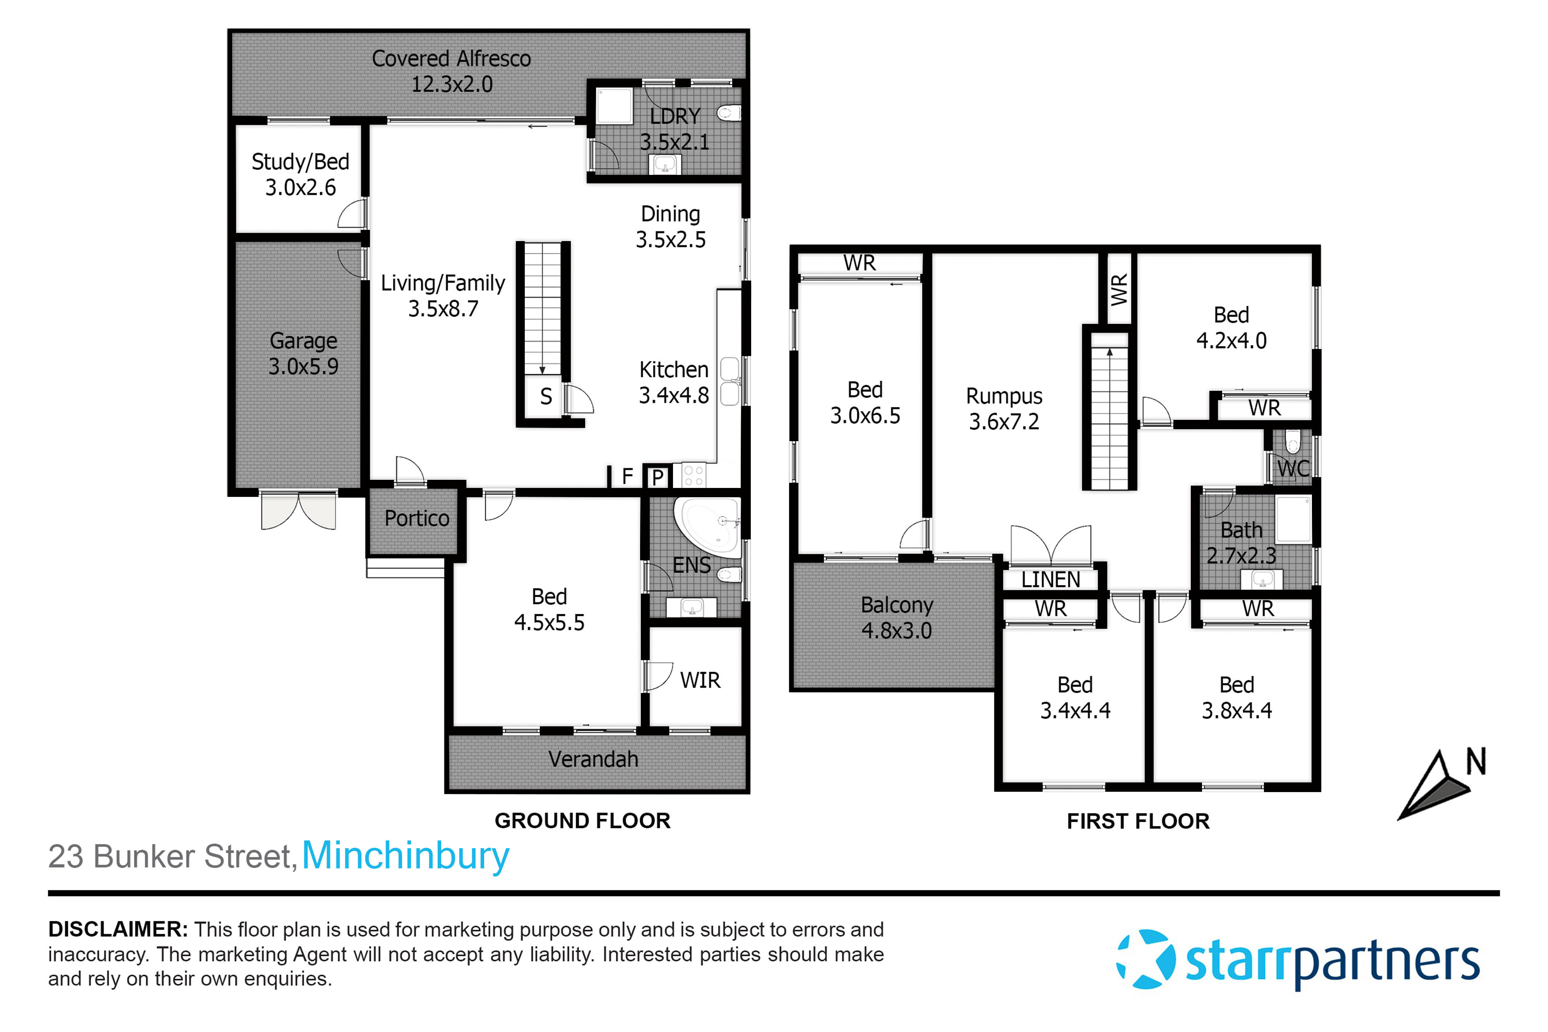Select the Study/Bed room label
tap(300, 162)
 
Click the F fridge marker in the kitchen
tap(627, 476)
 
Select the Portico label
tap(417, 519)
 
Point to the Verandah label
tap(593, 760)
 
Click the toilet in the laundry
tap(728, 114)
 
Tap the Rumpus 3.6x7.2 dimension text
tap(1004, 422)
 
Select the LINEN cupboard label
tap(1050, 580)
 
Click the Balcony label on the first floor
tap(896, 605)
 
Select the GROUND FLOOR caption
tap(582, 821)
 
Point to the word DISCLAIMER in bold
tap(118, 929)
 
